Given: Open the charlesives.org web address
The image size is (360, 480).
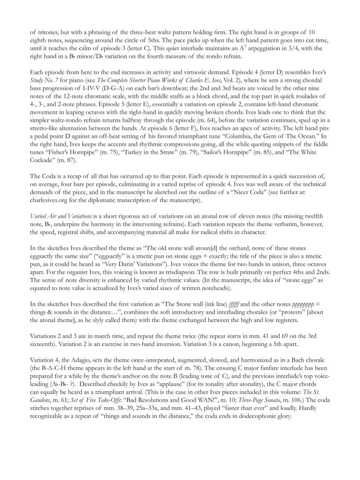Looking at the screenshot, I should [x=48, y=201].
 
